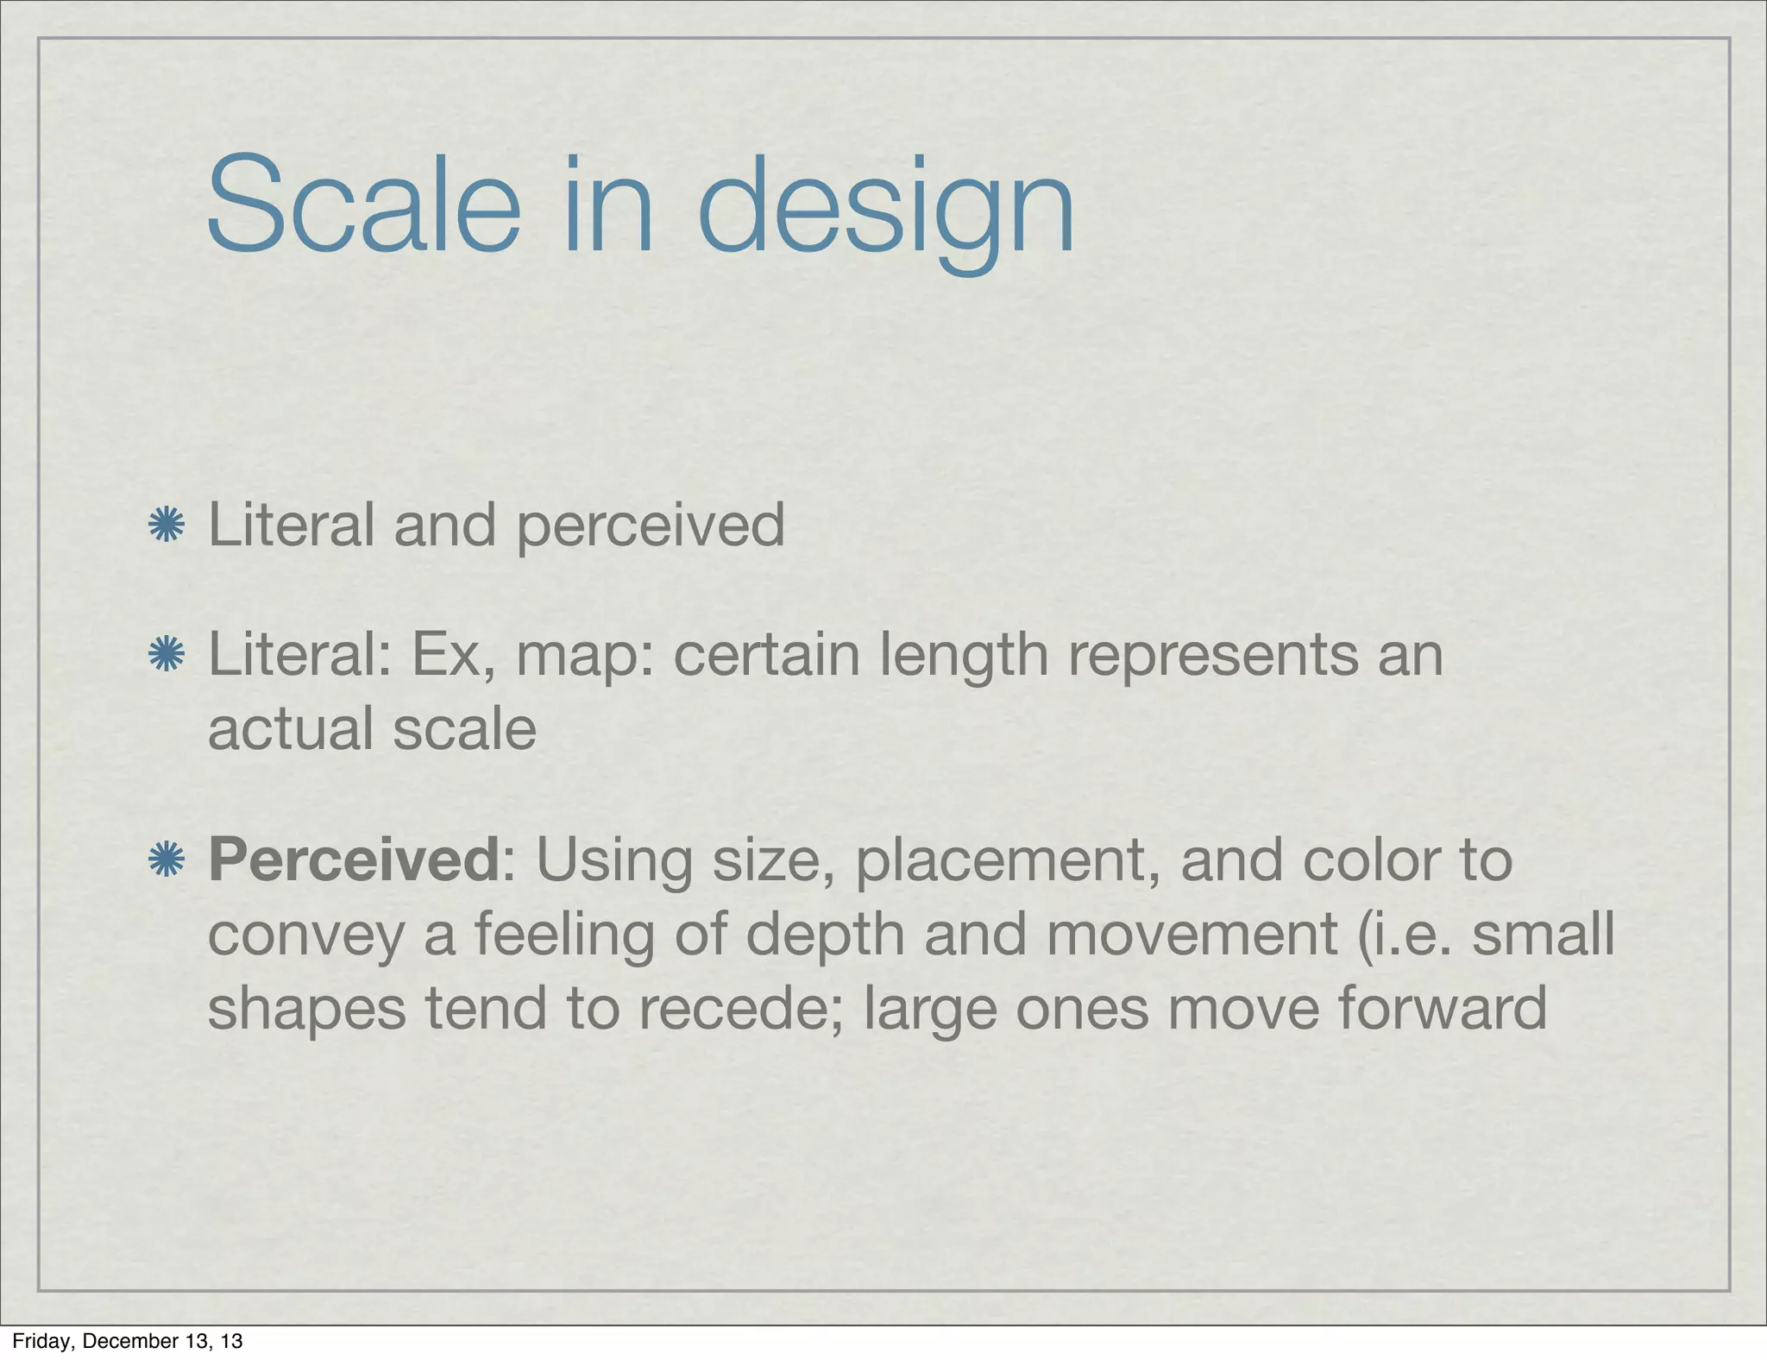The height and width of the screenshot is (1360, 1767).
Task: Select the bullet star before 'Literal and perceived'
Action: (167, 526)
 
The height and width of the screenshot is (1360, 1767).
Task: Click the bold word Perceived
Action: (354, 860)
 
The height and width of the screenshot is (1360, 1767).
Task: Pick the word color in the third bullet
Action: (1362, 860)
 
